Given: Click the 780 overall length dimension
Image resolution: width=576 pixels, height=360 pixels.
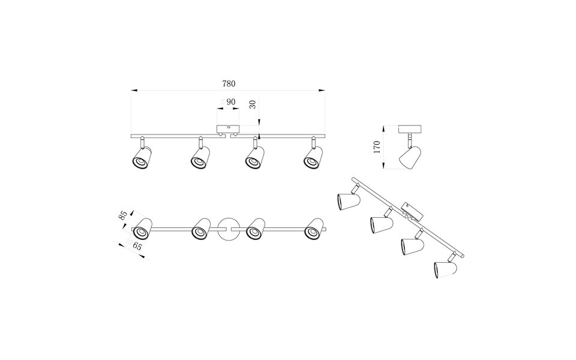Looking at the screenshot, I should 229,83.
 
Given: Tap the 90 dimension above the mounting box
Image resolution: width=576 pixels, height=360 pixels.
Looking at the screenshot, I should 229,103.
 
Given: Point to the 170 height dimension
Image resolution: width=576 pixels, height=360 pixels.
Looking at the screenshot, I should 377,148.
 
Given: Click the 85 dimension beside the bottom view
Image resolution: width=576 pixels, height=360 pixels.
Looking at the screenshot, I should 124,215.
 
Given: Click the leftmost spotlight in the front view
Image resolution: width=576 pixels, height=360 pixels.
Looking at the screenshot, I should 142,159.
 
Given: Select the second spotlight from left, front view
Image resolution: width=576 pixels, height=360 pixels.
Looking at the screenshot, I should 200,159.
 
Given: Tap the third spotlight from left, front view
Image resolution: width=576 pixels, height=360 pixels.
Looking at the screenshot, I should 255,159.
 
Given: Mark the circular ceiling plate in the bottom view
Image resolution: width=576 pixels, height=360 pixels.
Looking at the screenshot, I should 229,229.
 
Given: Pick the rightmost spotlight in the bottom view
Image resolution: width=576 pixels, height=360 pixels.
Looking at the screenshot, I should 314,229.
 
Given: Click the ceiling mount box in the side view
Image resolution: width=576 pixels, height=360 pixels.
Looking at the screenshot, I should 411,129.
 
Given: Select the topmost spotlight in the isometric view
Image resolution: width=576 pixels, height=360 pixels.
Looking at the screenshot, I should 347,200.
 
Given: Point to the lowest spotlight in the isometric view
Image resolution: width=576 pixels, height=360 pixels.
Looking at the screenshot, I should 443,268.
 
